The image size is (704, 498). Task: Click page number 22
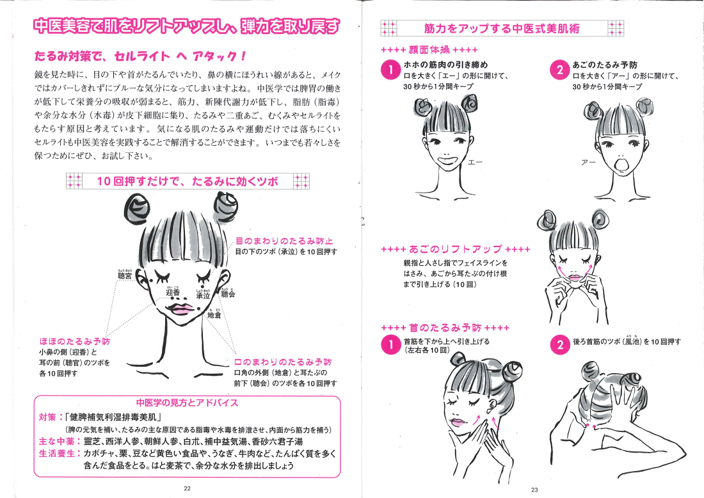pos(188,488)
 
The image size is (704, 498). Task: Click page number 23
pos(534,490)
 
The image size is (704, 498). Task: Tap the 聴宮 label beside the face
pos(125,276)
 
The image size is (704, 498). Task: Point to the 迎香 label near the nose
pos(173,293)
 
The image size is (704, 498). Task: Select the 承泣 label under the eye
pos(203,295)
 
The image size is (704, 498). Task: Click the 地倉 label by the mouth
pos(214,315)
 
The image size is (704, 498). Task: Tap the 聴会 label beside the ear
pos(228,294)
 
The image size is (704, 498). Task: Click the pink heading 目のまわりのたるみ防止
pos(285,241)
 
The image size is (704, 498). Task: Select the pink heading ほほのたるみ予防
pos(74,341)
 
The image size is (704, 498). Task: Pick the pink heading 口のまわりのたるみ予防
pos(283,362)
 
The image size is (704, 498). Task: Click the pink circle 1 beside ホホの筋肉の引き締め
pos(390,70)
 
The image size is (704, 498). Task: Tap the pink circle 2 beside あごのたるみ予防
pos(559,70)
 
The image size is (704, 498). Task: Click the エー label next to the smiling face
pos(475,162)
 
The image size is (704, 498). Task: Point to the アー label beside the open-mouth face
pos(588,162)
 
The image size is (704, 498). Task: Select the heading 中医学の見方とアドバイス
pos(188,403)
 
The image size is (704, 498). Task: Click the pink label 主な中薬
pos(56,442)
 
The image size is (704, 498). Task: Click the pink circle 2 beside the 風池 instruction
pos(560,344)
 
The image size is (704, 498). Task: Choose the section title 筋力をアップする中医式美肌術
pos(502,29)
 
